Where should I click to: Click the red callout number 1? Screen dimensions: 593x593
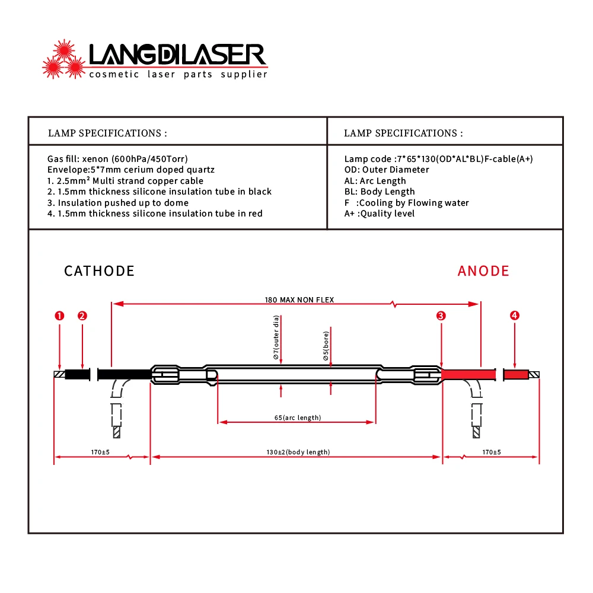click(x=59, y=316)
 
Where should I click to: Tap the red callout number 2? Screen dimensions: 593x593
click(x=82, y=316)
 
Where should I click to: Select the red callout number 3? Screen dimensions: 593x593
click(x=441, y=316)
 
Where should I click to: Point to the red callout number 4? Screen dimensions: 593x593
click(x=514, y=315)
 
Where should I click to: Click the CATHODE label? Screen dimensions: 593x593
click(x=99, y=271)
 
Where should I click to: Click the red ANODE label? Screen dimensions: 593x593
click(x=483, y=271)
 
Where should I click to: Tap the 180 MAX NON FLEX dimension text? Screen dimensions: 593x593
click(x=299, y=300)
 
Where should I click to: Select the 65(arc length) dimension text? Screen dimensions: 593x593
click(x=298, y=417)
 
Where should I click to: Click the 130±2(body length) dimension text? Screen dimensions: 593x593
click(x=298, y=452)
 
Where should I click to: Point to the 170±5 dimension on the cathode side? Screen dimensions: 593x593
click(x=100, y=452)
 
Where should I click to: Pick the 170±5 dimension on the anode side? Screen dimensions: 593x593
click(x=492, y=452)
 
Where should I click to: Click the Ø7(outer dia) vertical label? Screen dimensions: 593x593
click(x=276, y=337)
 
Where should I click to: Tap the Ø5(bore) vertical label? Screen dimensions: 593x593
click(x=326, y=346)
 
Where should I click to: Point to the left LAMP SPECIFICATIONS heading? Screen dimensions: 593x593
click(x=107, y=133)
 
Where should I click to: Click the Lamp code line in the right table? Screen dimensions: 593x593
click(x=439, y=159)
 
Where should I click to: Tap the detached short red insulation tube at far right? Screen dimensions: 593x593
click(x=516, y=374)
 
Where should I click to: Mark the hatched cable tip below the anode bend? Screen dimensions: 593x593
click(x=477, y=432)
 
